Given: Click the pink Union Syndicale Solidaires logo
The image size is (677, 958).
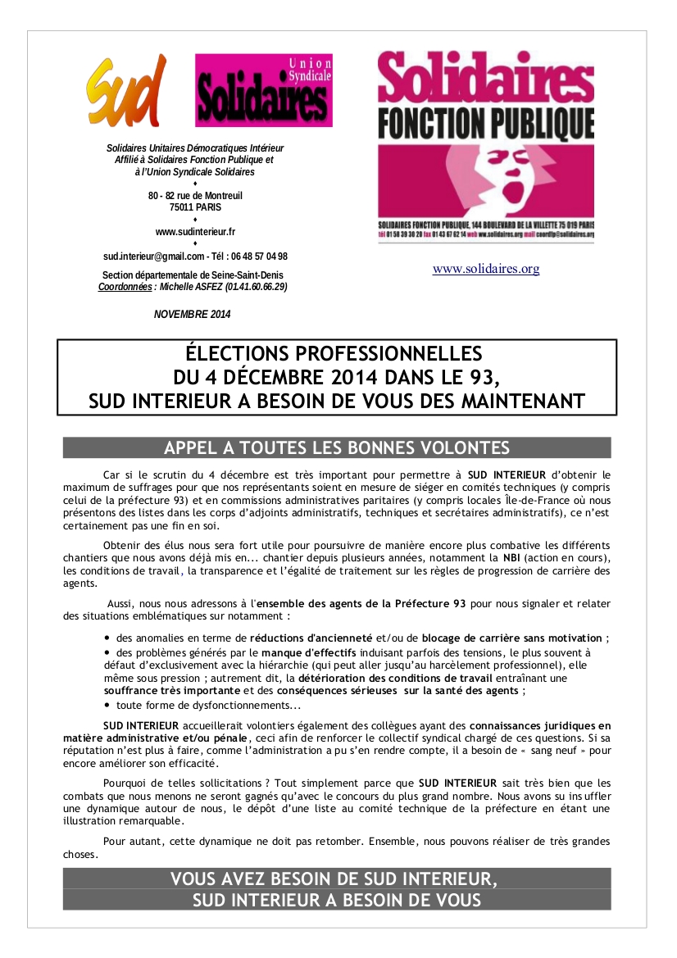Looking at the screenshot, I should click(263, 90).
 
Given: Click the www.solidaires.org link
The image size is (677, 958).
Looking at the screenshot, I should click(486, 269).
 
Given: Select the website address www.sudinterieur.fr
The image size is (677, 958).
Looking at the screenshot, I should click(195, 232).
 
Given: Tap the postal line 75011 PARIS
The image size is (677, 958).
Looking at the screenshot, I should click(195, 207).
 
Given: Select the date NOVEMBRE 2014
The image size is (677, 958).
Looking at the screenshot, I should click(193, 314).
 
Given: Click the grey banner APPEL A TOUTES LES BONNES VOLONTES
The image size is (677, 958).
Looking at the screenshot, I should click(337, 447).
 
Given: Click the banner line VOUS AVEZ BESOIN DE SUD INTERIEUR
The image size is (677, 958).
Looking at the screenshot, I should click(334, 879).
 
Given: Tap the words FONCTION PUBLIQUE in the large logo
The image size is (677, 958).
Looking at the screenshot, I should click(486, 122).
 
